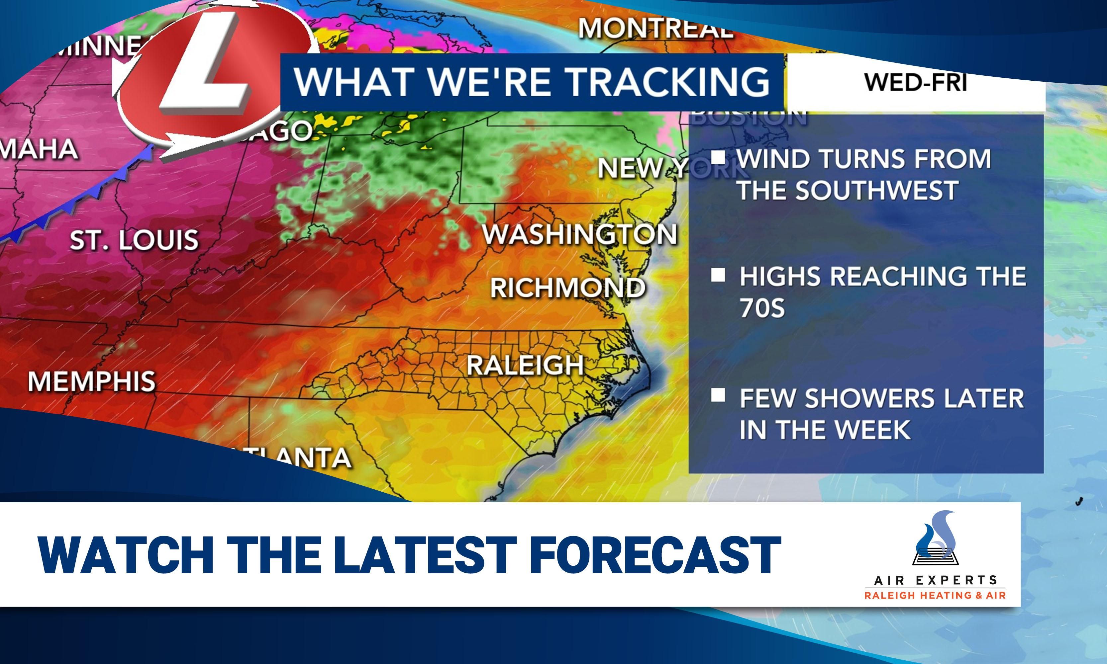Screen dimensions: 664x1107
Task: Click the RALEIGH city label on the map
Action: tap(525, 365)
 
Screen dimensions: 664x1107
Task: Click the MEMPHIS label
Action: tap(92, 381)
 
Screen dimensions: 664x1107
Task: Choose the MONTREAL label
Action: tap(656, 28)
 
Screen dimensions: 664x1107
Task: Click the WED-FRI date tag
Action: tap(915, 82)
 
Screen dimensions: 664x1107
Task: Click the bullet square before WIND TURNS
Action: tap(718, 157)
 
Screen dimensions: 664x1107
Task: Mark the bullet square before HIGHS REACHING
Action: tap(718, 275)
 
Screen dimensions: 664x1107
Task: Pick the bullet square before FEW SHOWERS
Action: tap(718, 395)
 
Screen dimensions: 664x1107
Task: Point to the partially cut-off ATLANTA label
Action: tap(295, 457)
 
